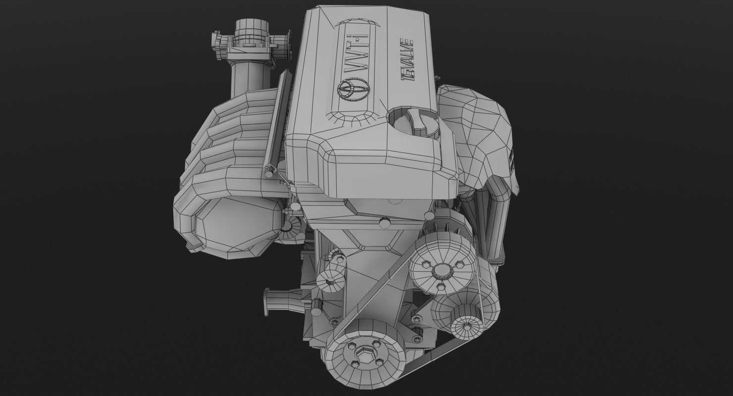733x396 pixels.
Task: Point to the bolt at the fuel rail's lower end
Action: point(268,173)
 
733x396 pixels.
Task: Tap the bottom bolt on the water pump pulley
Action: point(441,286)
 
